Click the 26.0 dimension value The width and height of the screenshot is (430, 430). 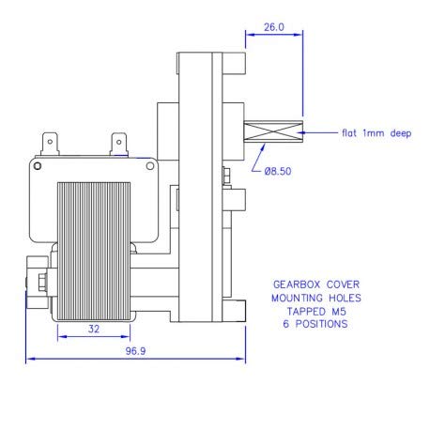point(273,28)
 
